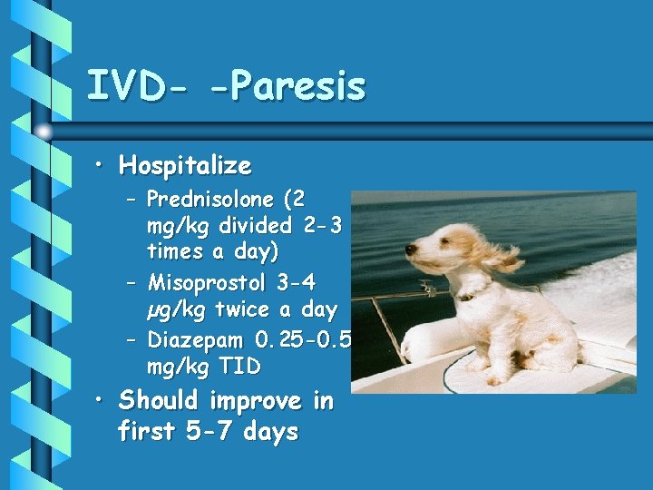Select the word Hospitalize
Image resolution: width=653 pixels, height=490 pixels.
(x=185, y=166)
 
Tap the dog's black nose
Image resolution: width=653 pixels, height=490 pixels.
(x=409, y=250)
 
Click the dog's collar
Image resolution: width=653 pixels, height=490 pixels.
(x=464, y=296)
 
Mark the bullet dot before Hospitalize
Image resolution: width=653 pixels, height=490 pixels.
(x=103, y=166)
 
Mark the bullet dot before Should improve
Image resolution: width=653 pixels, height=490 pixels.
(x=103, y=400)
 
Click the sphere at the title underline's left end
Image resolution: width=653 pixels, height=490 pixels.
(x=44, y=132)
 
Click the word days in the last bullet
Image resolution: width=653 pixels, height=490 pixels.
(x=269, y=431)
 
